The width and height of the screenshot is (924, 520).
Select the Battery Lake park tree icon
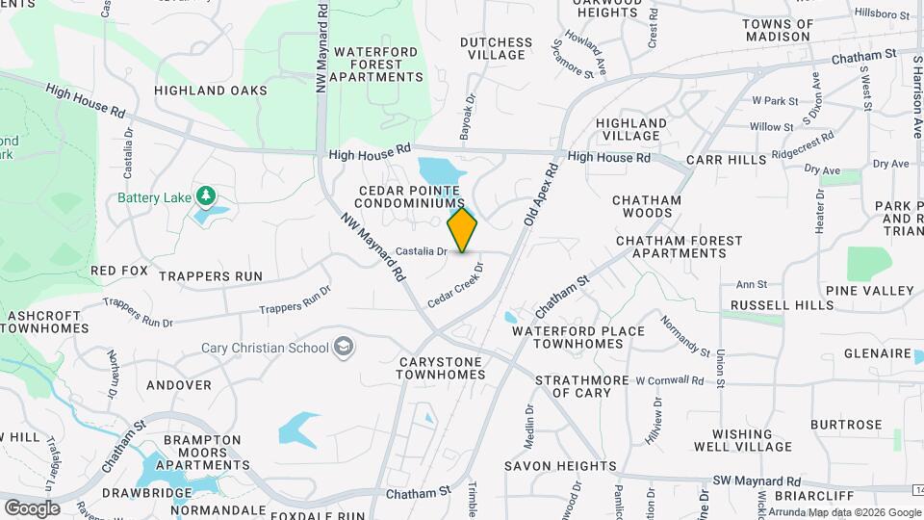[x=204, y=197]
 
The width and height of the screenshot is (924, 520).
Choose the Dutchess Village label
[x=496, y=48]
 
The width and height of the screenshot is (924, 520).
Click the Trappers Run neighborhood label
[x=211, y=276]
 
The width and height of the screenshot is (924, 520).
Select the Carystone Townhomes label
[x=439, y=369]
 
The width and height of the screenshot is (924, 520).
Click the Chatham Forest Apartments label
[x=680, y=247]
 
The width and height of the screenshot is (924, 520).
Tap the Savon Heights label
[x=560, y=466]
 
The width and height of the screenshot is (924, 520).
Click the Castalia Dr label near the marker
[x=422, y=251]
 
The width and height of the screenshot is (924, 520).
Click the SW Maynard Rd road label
[x=756, y=481]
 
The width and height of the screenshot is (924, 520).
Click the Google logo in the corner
[x=32, y=507]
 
